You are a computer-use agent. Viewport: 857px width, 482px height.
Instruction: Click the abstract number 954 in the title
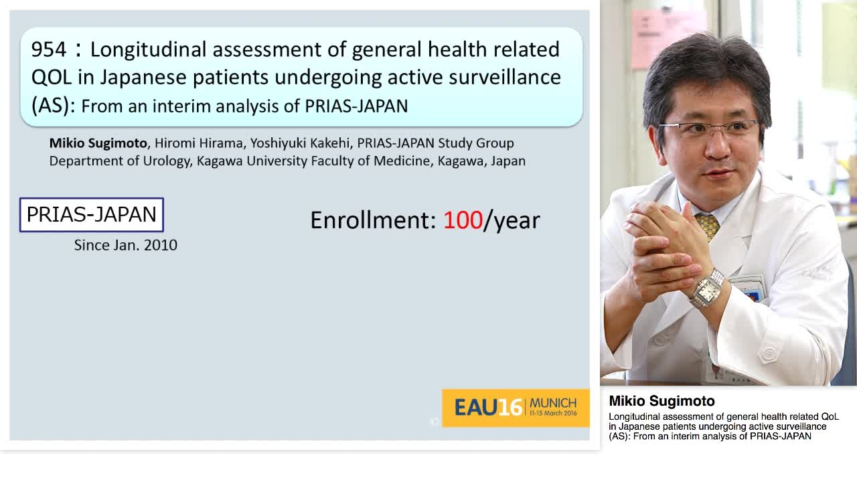pos(49,50)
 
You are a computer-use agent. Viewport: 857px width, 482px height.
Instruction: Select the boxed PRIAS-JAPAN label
pos(92,215)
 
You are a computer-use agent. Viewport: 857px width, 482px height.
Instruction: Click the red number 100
pos(463,220)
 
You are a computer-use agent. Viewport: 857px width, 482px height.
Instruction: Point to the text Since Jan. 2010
pos(125,245)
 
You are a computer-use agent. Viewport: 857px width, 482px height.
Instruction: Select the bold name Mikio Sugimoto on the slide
pos(98,143)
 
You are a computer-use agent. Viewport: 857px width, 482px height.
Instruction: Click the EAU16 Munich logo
pos(516,407)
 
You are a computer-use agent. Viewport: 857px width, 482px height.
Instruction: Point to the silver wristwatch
pos(707,289)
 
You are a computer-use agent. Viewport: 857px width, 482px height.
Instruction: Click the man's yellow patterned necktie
pos(708,225)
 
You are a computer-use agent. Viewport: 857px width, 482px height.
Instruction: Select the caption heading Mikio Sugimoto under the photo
pos(661,401)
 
